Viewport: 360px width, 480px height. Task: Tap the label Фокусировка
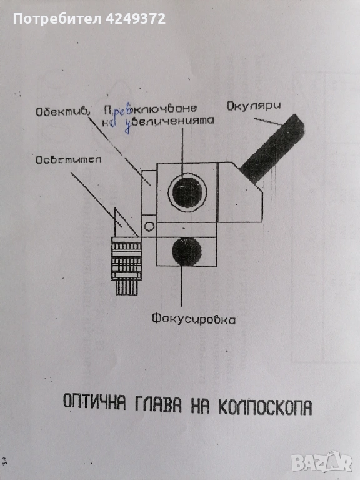click(193, 319)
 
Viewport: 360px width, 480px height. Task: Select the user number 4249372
click(134, 19)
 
